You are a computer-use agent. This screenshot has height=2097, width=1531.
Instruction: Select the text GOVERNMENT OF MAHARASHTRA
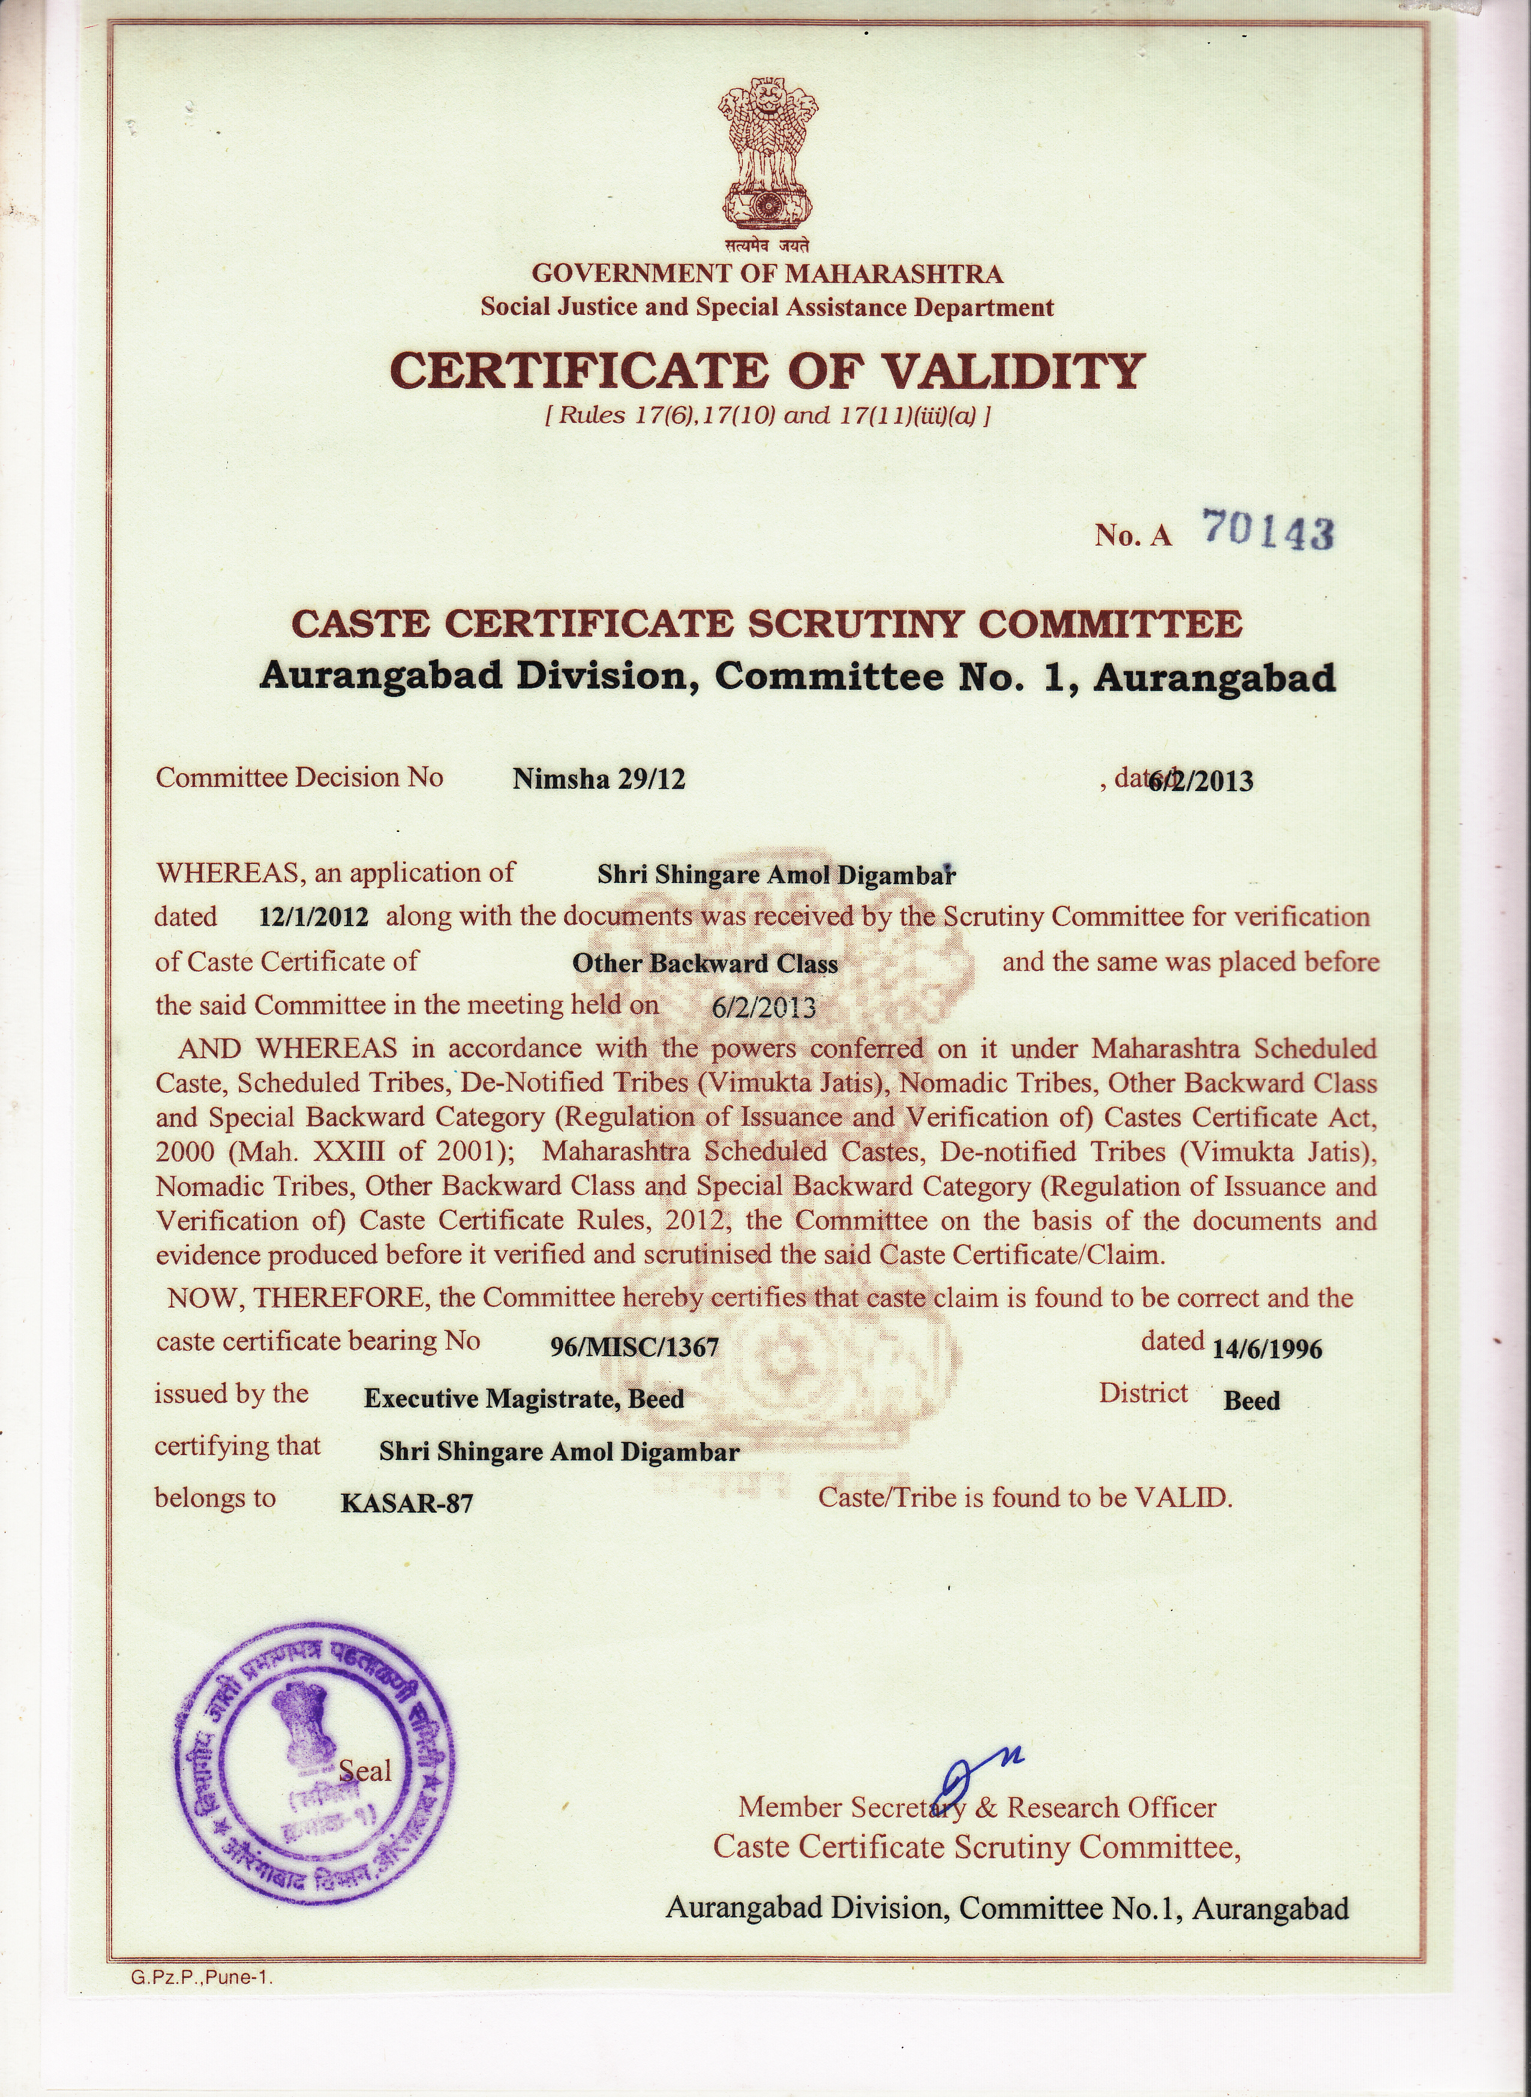[x=767, y=274]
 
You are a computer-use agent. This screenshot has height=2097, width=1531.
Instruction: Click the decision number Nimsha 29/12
[x=599, y=779]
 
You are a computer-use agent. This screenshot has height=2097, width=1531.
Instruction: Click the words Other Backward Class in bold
[x=704, y=964]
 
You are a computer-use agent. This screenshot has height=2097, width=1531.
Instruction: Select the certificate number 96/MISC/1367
[x=634, y=1347]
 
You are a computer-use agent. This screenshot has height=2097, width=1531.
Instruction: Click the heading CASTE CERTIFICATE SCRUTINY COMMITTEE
[x=767, y=623]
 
